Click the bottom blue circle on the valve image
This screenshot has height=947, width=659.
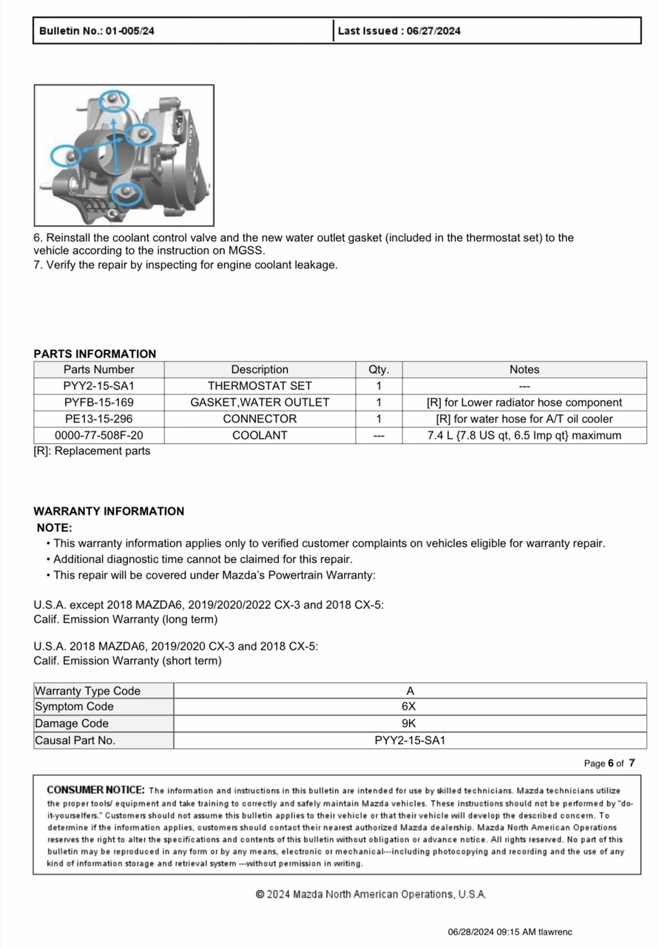pyautogui.click(x=127, y=193)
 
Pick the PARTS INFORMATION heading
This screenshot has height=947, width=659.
pyautogui.click(x=95, y=354)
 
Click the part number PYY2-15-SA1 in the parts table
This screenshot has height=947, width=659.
pyautogui.click(x=99, y=385)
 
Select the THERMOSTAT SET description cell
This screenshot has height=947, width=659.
pyautogui.click(x=260, y=385)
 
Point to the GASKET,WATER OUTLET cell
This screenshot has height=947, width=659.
pyautogui.click(x=260, y=402)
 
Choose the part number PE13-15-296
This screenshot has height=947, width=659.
pyautogui.click(x=99, y=419)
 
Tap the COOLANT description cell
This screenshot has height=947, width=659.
pyautogui.click(x=260, y=435)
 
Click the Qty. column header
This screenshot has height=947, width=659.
pyautogui.click(x=379, y=369)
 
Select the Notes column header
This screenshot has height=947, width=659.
pyautogui.click(x=524, y=369)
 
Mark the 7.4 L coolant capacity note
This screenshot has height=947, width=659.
pyautogui.click(x=524, y=435)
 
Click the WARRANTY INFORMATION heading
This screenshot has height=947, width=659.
pyautogui.click(x=109, y=511)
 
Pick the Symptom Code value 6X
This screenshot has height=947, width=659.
pyautogui.click(x=410, y=707)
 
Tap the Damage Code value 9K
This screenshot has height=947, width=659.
pyautogui.click(x=410, y=724)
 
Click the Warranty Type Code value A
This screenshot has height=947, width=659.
pyautogui.click(x=410, y=691)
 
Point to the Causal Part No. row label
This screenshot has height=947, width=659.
pyautogui.click(x=75, y=740)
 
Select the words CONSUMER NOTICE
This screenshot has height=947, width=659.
pyautogui.click(x=95, y=790)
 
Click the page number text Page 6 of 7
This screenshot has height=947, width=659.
pyautogui.click(x=609, y=764)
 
